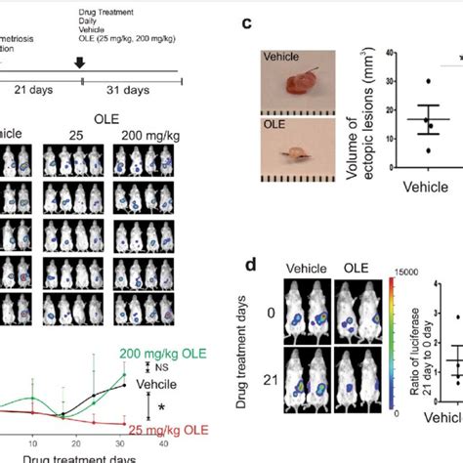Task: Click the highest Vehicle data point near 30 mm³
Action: pyautogui.click(x=428, y=82)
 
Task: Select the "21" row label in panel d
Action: pyautogui.click(x=267, y=373)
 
